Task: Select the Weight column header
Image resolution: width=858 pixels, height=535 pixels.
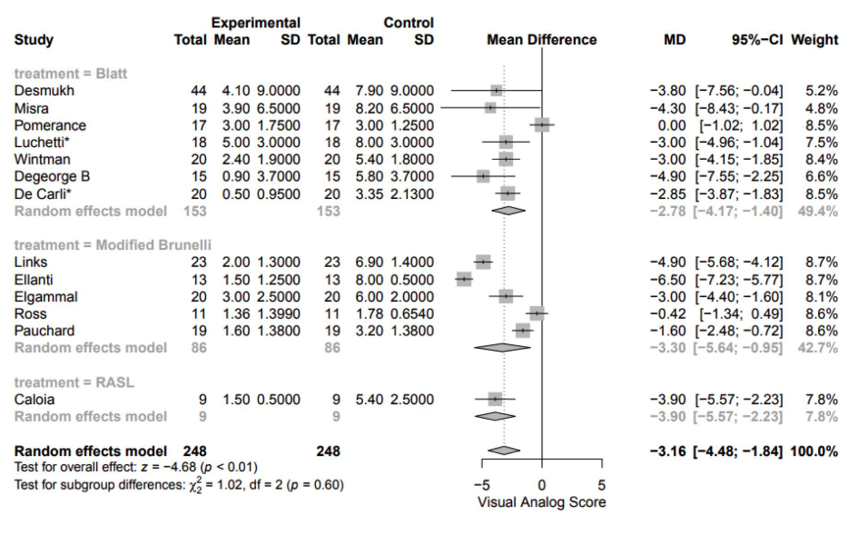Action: tap(814, 40)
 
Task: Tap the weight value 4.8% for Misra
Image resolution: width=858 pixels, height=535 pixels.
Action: tap(821, 107)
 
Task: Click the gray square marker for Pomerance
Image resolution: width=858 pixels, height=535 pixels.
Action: tap(542, 124)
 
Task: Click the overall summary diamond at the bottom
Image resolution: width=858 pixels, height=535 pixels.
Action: tap(504, 451)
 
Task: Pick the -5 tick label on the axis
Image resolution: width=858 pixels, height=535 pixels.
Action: tap(485, 483)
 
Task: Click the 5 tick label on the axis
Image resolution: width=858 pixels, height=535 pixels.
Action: tap(601, 483)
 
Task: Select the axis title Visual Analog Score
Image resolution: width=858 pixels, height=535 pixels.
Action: tap(541, 501)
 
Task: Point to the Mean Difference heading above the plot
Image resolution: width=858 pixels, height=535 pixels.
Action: tap(541, 40)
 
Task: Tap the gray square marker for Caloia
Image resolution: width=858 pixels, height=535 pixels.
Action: tap(495, 399)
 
